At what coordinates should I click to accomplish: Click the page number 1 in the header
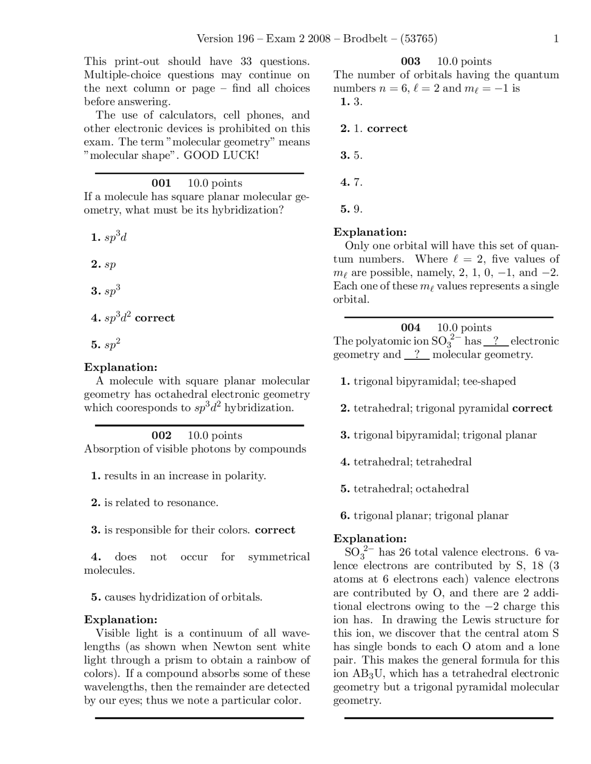(556, 39)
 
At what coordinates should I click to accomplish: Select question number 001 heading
(161, 183)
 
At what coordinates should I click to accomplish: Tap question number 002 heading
(161, 436)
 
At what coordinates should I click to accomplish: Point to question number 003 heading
(410, 61)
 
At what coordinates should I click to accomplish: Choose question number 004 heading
(410, 328)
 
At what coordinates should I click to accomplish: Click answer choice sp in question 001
(110, 265)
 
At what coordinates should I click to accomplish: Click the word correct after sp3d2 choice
(155, 318)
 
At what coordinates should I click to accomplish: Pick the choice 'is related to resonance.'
(161, 503)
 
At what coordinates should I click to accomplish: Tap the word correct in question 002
(275, 530)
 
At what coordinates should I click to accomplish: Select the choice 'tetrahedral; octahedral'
(411, 489)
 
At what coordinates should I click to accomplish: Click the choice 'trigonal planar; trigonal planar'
(431, 516)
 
